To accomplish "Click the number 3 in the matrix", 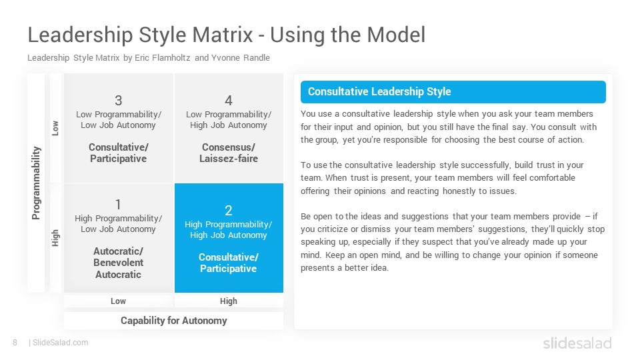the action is click(x=119, y=101).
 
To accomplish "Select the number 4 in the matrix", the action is click(x=229, y=101).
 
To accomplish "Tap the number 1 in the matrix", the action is click(x=118, y=204).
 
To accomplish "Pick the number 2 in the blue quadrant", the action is click(x=229, y=210).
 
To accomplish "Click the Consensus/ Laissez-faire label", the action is click(x=229, y=153).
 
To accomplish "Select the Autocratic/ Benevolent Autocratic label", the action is click(x=119, y=263).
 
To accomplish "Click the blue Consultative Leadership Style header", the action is click(x=453, y=92).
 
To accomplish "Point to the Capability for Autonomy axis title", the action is click(x=174, y=321).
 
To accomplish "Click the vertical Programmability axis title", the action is click(x=36, y=183).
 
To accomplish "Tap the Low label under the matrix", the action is click(x=119, y=301).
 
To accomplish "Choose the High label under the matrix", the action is click(x=229, y=301).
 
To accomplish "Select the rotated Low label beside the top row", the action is click(x=55, y=128).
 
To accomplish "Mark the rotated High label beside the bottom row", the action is click(x=55, y=238).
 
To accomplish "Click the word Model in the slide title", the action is click(x=396, y=35).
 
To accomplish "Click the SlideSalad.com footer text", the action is click(x=61, y=343).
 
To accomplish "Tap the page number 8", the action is click(x=15, y=343).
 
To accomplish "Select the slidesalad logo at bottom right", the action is click(x=577, y=343).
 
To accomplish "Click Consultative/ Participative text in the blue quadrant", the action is click(x=229, y=263).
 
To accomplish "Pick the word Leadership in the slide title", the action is click(x=81, y=35).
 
